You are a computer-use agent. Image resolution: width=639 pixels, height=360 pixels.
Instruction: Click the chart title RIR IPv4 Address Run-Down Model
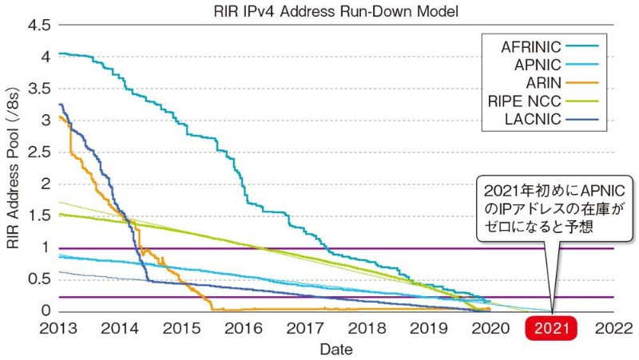coord(335,10)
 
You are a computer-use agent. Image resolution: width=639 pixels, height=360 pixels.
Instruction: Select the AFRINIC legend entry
coord(531,45)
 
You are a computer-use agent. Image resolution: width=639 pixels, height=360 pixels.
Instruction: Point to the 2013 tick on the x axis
coord(58,329)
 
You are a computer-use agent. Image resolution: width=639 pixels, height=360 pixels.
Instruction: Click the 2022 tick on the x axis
coord(615,329)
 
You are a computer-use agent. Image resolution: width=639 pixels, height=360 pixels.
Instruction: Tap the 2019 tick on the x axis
coord(429,329)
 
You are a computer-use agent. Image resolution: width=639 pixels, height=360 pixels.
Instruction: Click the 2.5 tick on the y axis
coord(39,152)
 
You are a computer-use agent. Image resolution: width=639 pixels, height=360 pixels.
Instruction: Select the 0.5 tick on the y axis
coord(39,279)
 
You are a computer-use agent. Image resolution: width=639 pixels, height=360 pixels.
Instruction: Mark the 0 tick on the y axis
coord(47,311)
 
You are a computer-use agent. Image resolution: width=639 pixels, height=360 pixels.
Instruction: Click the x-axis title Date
coord(335,349)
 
